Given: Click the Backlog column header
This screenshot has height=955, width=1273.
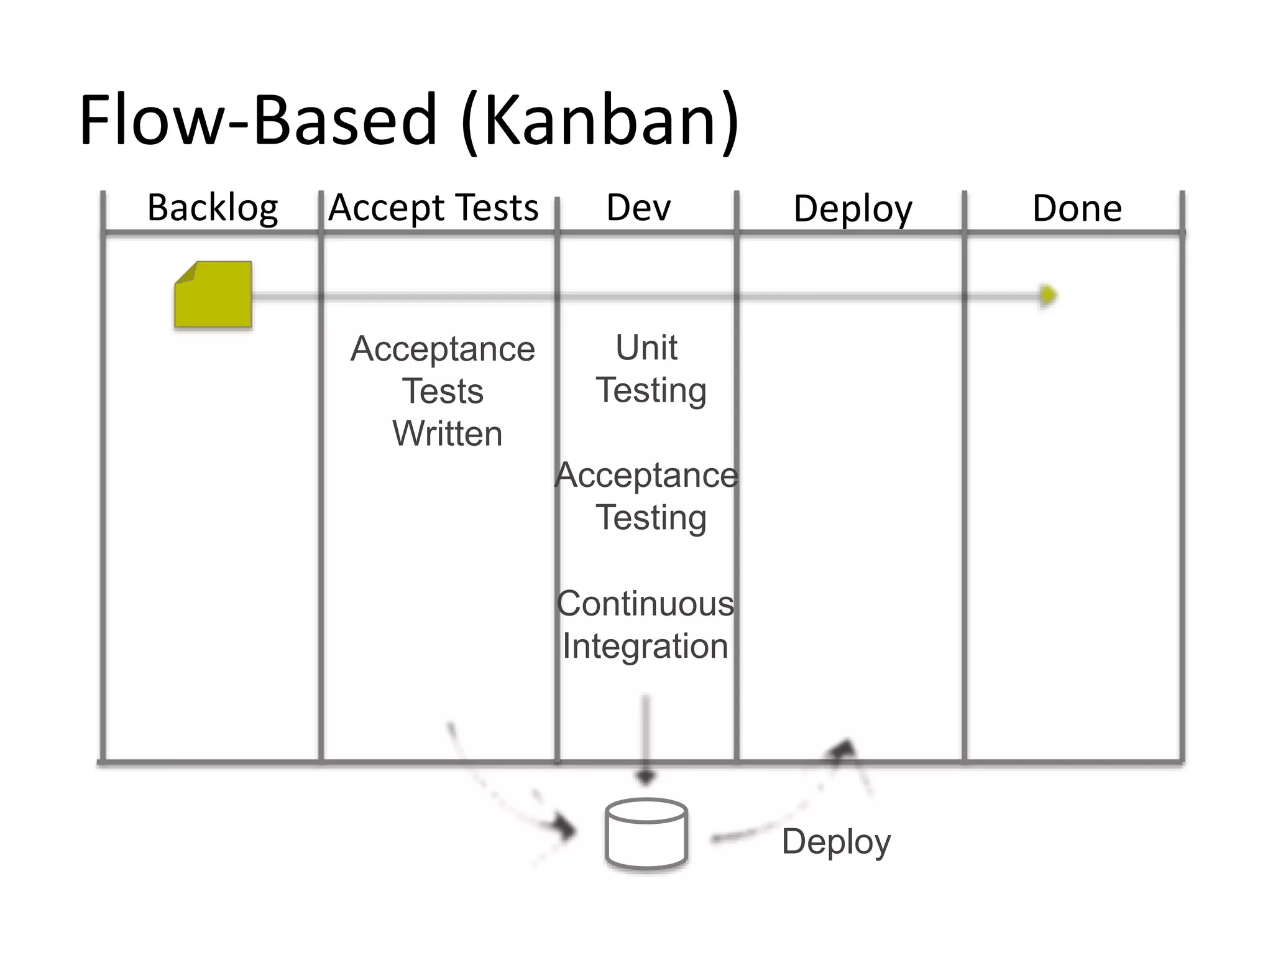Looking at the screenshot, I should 213,208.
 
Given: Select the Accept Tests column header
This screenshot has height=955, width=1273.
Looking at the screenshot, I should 433,208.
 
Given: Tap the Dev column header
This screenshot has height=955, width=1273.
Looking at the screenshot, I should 638,208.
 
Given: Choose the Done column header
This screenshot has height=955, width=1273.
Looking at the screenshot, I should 1077,209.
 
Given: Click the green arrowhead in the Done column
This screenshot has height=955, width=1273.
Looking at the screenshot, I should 1048,295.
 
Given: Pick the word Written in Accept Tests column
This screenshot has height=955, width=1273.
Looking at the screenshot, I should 447,433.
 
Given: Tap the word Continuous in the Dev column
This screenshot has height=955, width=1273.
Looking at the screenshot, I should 645,604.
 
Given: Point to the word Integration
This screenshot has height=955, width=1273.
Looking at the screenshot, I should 645,646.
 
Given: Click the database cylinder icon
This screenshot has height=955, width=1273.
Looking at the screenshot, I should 646,833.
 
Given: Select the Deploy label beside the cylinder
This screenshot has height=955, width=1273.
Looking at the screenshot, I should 836,842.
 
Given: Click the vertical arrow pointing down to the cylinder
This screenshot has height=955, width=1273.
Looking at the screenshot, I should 646,740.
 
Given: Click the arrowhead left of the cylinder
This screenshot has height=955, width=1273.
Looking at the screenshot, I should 565,829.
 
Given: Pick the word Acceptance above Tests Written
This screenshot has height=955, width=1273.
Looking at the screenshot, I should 443,349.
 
